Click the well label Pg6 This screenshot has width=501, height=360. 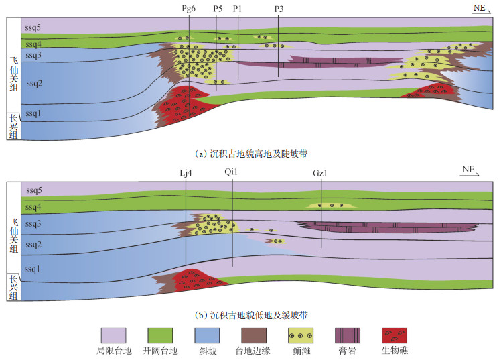click(x=188, y=9)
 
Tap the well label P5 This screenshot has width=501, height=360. click(x=216, y=9)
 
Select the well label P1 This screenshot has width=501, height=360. click(x=238, y=9)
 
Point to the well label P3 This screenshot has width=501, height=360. click(x=279, y=9)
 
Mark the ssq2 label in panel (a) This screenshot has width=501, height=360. click(x=33, y=84)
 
